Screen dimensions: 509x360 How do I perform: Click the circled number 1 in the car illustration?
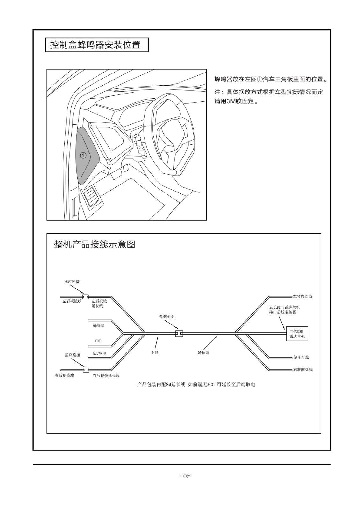coord(83,155)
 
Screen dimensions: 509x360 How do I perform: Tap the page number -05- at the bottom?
coord(187,476)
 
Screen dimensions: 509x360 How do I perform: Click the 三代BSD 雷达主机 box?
coord(297,334)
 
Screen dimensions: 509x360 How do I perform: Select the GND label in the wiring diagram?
coord(98,341)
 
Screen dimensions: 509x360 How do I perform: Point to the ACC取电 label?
coord(99,353)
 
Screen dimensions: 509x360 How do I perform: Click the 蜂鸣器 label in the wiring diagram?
coord(99,325)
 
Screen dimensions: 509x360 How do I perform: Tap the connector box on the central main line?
coord(179,333)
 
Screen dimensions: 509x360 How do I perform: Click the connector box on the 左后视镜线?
coord(85,296)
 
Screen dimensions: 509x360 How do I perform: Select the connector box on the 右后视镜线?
coord(86,370)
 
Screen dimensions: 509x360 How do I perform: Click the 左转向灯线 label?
coord(303,296)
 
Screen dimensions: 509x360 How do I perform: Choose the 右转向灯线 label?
coord(303,369)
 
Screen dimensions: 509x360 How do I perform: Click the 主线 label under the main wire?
coord(154,352)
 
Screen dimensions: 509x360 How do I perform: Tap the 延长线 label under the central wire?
coord(203,352)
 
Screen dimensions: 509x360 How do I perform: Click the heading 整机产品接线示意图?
coord(95,244)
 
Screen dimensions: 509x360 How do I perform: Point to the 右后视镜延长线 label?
coord(106,375)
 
